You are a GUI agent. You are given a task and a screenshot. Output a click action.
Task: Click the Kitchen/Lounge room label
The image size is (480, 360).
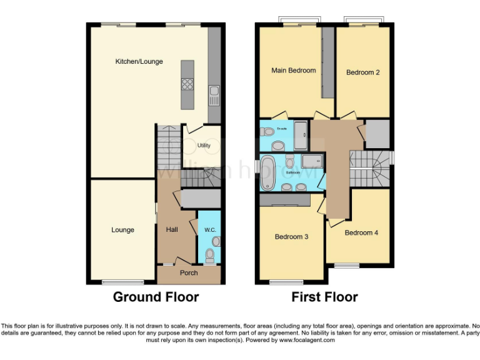coord(139,61)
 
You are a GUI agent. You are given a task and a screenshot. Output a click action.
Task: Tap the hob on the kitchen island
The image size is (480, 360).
coord(187,84)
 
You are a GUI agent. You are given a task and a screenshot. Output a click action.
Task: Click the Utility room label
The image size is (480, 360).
coord(204,145)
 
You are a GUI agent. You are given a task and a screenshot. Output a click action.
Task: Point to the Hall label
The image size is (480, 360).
coord(172,230)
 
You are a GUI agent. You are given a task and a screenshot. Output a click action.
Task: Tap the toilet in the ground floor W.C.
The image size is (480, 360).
coord(211,254)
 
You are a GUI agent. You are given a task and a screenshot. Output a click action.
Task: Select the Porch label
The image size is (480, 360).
coord(189,272)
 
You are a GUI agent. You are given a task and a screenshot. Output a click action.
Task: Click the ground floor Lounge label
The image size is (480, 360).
coord(122,230)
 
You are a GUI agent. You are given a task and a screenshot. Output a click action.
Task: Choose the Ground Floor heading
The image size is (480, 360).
coord(156,297)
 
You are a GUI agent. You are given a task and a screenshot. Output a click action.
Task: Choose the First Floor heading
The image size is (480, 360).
coord(324,297)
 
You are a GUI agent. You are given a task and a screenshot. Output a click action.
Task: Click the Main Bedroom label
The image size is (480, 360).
coord(293,71)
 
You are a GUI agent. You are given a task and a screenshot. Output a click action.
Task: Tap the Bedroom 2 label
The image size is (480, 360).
coord(363,72)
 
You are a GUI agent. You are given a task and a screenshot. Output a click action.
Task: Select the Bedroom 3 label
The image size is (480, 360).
coord(291,237)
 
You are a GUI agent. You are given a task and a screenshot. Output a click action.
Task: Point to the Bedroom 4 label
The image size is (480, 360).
coord(361,232)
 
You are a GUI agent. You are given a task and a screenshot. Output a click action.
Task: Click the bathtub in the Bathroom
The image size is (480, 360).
coord(267,173)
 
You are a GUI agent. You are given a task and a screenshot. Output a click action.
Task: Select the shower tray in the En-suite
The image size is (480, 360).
coord(301,131)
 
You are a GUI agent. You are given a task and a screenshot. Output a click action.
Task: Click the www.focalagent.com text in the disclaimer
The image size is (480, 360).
coord(307,341)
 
